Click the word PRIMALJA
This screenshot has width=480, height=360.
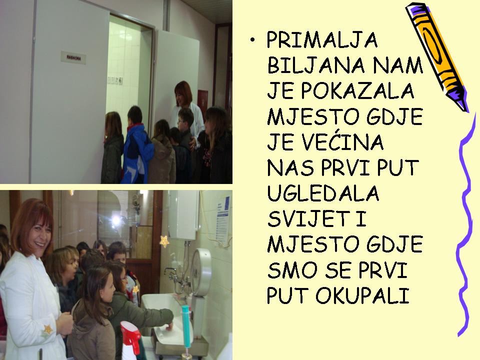pyautogui.click(x=322, y=40)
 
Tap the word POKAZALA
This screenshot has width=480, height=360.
pyautogui.click(x=357, y=91)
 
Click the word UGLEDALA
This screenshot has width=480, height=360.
pyautogui.click(x=323, y=193)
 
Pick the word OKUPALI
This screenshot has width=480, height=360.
pyautogui.click(x=362, y=295)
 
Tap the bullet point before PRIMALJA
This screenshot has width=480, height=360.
pyautogui.click(x=252, y=40)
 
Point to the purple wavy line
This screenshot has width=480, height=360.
pyautogui.click(x=465, y=225)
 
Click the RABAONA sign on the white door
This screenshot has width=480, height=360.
pyautogui.click(x=73, y=58)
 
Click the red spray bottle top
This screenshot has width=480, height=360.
pyautogui.click(x=130, y=333)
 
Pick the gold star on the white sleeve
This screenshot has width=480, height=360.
pyautogui.click(x=48, y=329)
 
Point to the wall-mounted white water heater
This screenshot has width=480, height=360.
pyautogui.click(x=183, y=214)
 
